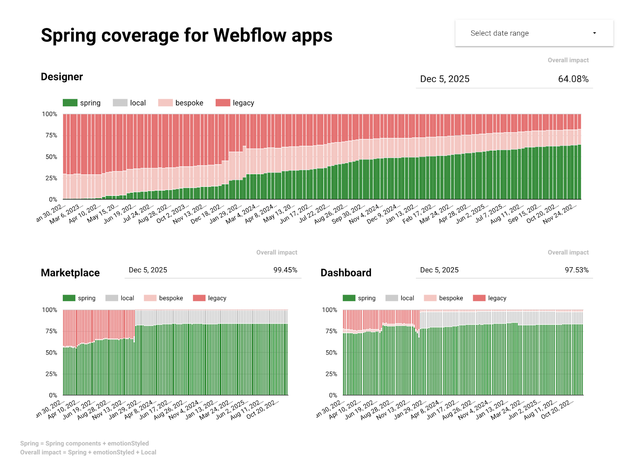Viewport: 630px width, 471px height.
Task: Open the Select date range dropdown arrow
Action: coord(594,33)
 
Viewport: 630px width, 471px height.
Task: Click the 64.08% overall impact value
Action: coord(573,79)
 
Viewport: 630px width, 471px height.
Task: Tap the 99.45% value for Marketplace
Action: coord(285,270)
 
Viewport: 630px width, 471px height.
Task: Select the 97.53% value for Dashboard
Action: coord(576,270)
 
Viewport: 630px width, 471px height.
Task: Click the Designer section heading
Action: coord(62,77)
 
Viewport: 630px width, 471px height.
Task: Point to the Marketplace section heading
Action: coord(70,273)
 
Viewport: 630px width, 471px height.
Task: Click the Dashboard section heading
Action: coord(346,273)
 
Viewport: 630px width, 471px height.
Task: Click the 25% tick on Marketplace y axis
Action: coord(51,374)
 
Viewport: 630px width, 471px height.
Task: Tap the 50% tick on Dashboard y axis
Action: coord(331,353)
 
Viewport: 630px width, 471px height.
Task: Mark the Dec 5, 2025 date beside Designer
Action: coord(445,79)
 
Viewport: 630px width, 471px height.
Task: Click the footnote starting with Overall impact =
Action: coord(88,453)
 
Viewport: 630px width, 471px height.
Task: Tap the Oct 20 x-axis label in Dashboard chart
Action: coord(557,409)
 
